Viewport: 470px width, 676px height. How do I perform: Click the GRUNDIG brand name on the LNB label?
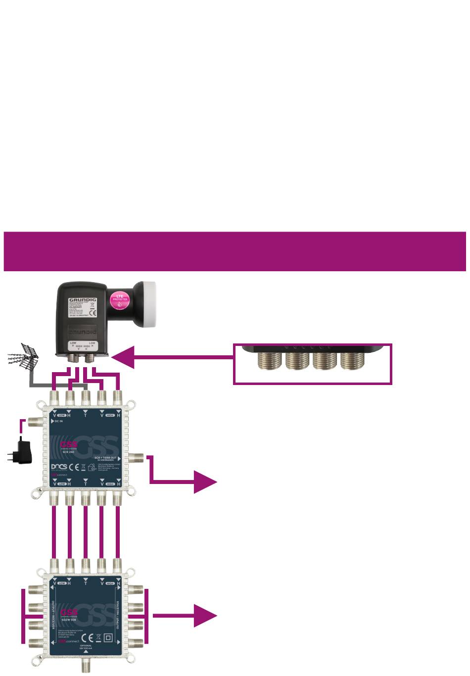coord(83,300)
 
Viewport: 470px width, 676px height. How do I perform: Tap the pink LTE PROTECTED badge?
coord(120,300)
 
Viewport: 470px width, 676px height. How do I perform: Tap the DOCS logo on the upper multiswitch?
coord(59,467)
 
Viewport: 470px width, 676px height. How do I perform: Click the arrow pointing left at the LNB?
coord(124,357)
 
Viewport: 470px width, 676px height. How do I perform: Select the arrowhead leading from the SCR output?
coord(204,482)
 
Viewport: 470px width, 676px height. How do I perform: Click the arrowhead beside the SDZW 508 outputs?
coord(204,615)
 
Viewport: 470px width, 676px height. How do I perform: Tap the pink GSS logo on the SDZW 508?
coord(69,611)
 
